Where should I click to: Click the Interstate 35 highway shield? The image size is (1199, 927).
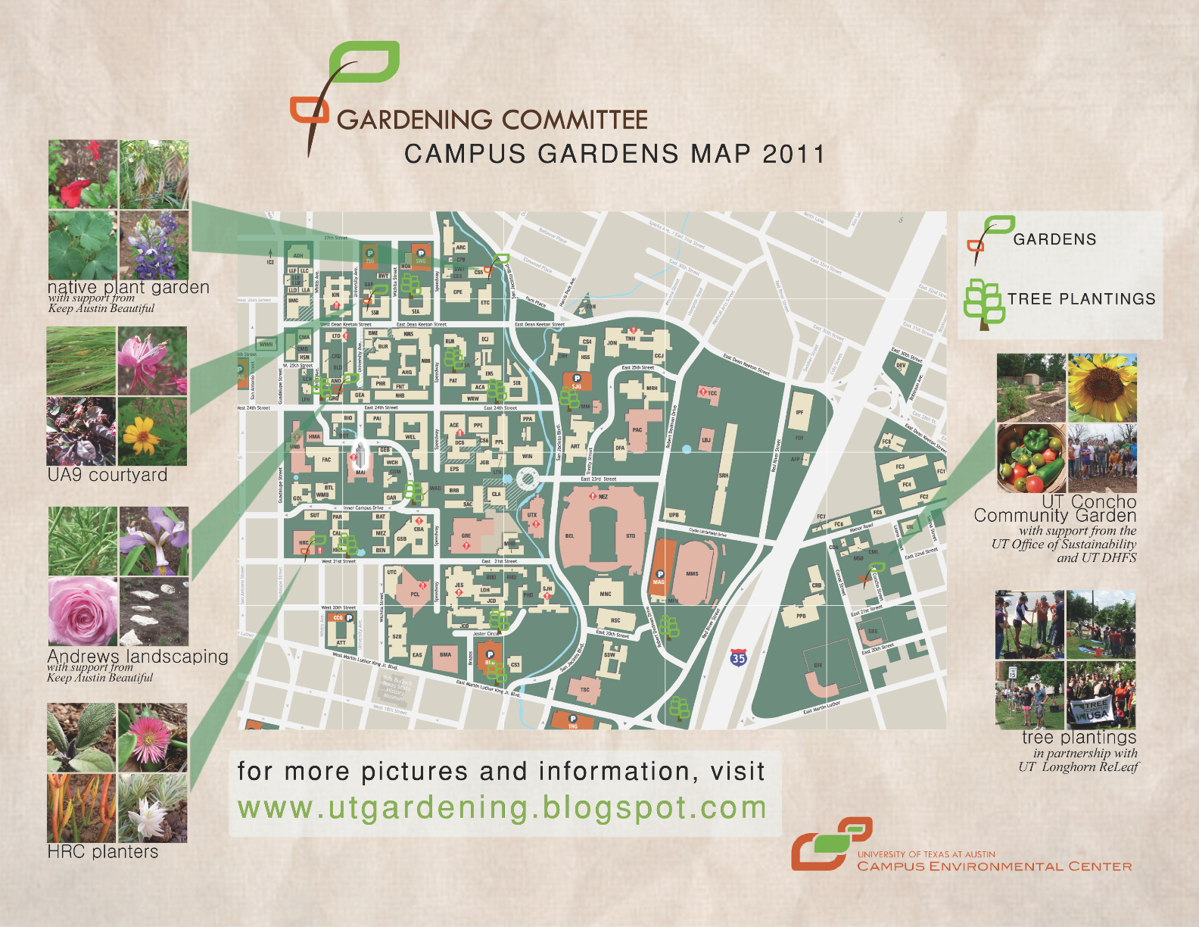tap(738, 658)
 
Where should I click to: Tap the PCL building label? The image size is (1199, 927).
tap(415, 595)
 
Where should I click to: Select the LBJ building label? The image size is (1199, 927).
tap(705, 439)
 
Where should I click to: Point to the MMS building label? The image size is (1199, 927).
tap(692, 574)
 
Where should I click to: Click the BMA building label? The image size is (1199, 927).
tap(445, 655)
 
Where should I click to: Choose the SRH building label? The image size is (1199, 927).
tap(724, 475)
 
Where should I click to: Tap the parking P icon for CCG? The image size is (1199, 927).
tap(349, 618)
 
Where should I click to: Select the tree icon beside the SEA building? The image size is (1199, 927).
tap(410, 285)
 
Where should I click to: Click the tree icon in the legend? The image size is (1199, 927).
tap(983, 304)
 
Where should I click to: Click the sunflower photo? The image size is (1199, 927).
tap(1102, 388)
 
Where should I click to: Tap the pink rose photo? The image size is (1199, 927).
tap(82, 611)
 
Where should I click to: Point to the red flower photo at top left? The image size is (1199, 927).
tap(83, 174)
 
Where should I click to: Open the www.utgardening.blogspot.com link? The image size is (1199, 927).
tap(502, 808)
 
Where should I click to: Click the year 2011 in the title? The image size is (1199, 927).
tap(793, 154)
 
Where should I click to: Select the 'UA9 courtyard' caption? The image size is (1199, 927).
tap(107, 475)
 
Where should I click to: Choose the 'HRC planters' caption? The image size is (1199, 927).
tap(103, 852)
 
